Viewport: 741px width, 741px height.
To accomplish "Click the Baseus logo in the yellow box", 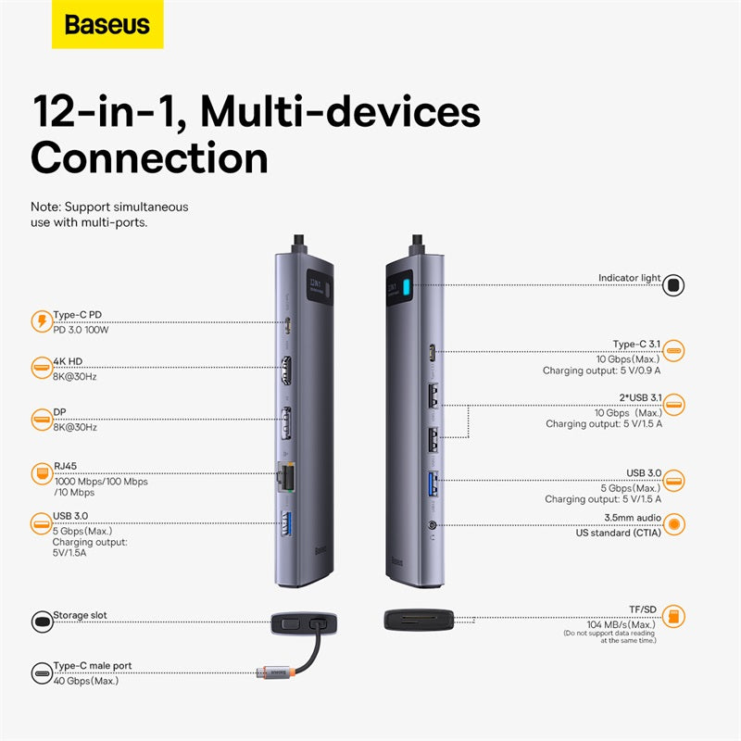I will (x=107, y=24).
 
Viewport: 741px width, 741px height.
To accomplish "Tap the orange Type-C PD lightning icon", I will (x=42, y=322).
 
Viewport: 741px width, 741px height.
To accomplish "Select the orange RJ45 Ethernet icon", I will (x=42, y=471).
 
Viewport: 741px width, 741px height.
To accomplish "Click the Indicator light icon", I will (x=674, y=284).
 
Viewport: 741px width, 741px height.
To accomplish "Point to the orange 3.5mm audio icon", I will (x=675, y=523).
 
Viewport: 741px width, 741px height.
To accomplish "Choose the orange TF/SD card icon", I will (x=675, y=616).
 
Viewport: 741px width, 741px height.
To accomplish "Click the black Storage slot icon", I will (x=42, y=621).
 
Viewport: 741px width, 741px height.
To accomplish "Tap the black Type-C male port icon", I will (x=42, y=672).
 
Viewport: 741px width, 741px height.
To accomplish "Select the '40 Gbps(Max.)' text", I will (x=86, y=681).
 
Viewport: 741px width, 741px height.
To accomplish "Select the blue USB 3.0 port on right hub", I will (x=434, y=484).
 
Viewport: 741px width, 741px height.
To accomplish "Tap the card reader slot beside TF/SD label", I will (x=419, y=620).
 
